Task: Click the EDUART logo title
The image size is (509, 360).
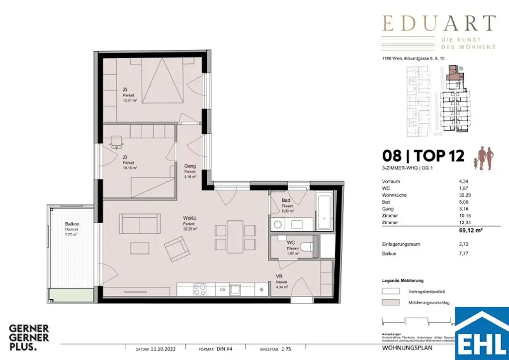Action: coord(438,23)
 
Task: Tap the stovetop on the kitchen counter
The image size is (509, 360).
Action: coord(200,289)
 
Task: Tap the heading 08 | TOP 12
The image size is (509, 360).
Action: coord(423,156)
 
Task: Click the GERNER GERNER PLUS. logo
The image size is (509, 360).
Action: coord(29,337)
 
